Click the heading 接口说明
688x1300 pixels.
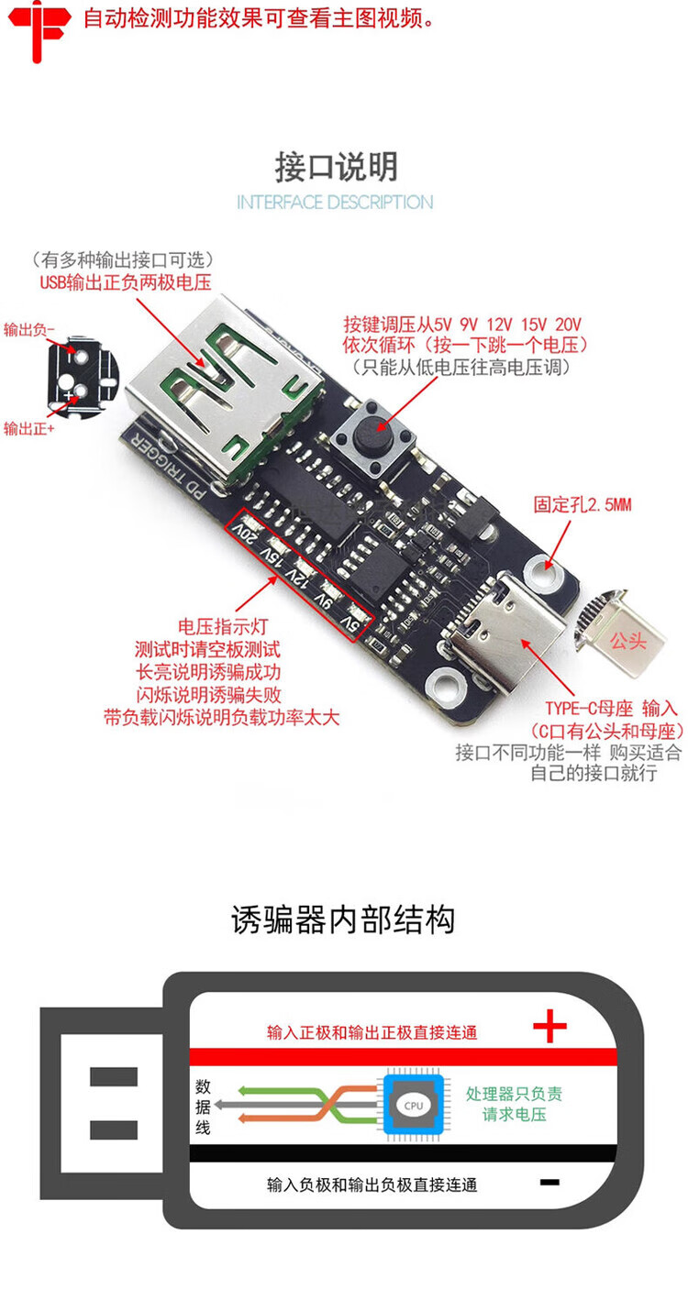(x=336, y=167)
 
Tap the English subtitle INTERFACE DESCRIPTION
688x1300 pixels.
(x=335, y=202)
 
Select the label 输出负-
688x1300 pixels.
(x=29, y=328)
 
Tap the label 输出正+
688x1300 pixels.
(x=29, y=428)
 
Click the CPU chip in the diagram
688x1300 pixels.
(x=414, y=1106)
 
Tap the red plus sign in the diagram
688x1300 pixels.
(x=549, y=1028)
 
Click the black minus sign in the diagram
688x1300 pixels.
(x=549, y=1183)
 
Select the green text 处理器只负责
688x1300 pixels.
(x=514, y=1094)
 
